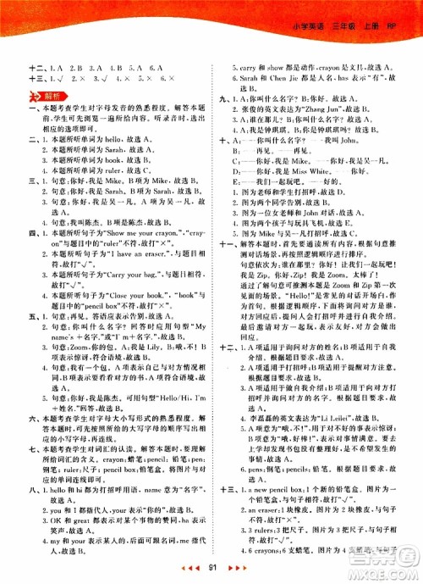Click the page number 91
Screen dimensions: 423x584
211,566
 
